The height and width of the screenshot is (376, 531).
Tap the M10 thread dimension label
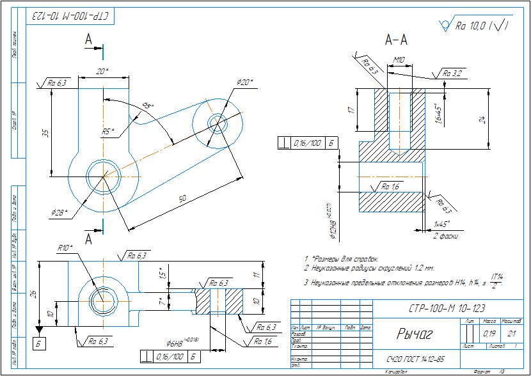point(400,59)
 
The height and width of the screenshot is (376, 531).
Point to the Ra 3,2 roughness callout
point(452,74)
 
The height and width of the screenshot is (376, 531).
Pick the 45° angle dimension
point(148,106)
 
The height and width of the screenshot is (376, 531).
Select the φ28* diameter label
point(60,212)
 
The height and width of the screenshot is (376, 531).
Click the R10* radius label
point(65,247)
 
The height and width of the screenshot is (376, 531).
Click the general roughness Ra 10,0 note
point(479,26)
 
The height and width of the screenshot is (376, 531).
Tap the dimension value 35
point(45,133)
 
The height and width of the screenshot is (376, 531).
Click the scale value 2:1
point(510,333)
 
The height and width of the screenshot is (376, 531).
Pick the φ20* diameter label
point(244,82)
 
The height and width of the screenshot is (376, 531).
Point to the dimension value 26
point(33,294)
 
